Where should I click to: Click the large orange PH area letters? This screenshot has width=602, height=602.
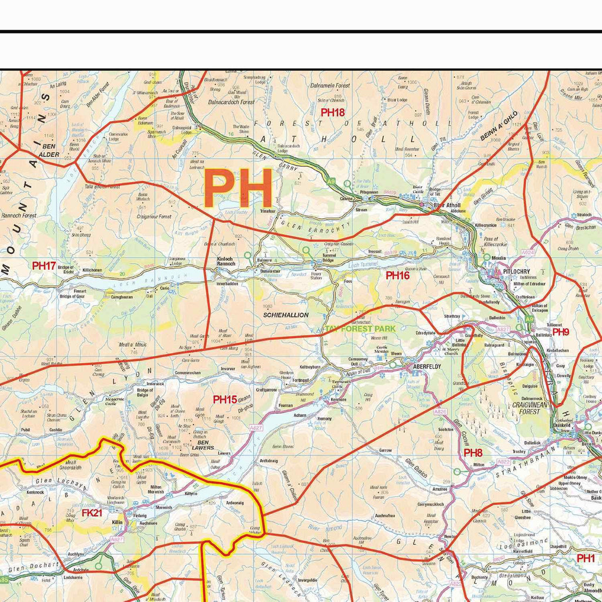[238, 188]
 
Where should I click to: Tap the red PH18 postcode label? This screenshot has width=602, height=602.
[333, 112]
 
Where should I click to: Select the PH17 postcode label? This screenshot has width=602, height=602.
[44, 266]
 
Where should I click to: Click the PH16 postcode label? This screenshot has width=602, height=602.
[397, 275]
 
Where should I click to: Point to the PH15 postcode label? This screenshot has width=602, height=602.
[225, 400]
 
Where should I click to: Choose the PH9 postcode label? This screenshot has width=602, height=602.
[560, 332]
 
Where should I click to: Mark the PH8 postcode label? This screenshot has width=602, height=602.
[473, 453]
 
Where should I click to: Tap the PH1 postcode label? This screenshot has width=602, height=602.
[586, 558]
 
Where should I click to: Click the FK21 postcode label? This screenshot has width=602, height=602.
[92, 513]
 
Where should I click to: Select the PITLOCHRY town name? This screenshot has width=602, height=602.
[517, 272]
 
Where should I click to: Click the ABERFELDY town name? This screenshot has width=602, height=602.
[427, 366]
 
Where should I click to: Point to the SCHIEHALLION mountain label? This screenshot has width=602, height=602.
[286, 315]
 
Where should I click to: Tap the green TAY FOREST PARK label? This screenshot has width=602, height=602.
[360, 329]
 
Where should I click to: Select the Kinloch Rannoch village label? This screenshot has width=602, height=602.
[226, 261]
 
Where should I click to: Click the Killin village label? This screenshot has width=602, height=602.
[117, 521]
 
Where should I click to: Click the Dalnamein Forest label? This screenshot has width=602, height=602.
[330, 86]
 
